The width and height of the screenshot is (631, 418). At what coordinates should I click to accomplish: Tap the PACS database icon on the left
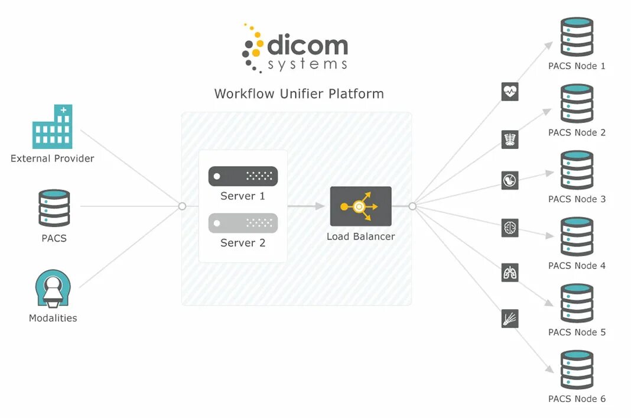click(x=54, y=208)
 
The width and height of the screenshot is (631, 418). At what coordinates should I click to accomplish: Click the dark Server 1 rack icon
click(x=243, y=176)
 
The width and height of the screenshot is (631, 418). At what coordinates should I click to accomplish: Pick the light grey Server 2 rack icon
click(x=243, y=223)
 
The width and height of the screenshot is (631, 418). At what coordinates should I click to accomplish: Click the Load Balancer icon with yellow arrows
click(x=360, y=206)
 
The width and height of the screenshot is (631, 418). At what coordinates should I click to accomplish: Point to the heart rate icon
click(x=510, y=92)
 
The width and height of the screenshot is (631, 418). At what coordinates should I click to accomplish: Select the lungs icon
click(x=510, y=273)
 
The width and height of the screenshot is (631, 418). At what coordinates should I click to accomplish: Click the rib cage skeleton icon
click(x=510, y=139)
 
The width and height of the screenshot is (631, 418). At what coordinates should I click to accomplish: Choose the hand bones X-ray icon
click(x=510, y=319)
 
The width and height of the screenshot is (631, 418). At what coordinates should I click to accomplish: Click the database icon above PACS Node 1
click(x=577, y=37)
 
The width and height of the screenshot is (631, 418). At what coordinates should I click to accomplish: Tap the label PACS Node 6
click(x=577, y=399)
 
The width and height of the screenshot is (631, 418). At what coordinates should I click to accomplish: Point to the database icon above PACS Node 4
click(x=577, y=236)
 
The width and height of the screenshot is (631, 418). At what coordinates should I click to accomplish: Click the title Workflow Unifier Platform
click(x=299, y=94)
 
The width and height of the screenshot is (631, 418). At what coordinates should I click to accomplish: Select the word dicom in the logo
click(x=307, y=46)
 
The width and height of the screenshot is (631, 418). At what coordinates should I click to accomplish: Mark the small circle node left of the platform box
click(x=182, y=206)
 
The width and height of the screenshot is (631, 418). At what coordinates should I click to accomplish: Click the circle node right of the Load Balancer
click(x=412, y=206)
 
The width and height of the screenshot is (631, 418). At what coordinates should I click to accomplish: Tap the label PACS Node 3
click(x=577, y=199)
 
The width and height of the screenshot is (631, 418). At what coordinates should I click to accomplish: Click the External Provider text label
click(x=53, y=158)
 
